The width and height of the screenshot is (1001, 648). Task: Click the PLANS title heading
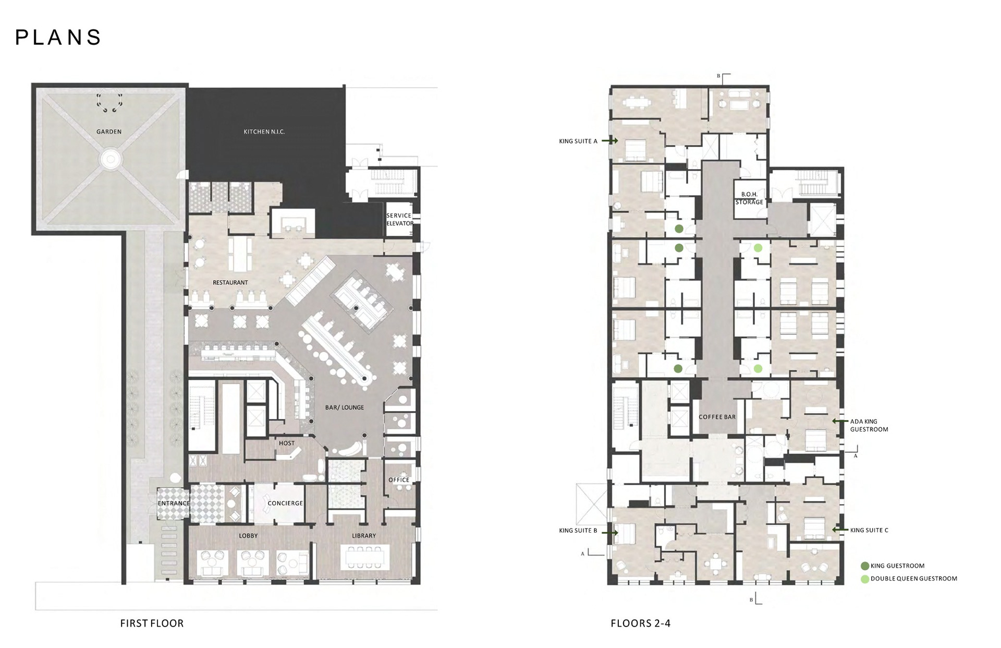click(x=58, y=38)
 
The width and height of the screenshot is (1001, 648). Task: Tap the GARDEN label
click(x=109, y=131)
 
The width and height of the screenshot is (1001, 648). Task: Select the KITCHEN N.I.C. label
click(x=264, y=131)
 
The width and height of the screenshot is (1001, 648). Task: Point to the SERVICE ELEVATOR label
click(x=400, y=219)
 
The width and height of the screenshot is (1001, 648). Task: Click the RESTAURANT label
click(x=230, y=282)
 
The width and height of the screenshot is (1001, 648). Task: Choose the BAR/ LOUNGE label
click(x=345, y=407)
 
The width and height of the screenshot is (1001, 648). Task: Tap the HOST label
click(x=287, y=443)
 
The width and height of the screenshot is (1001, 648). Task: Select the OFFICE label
click(x=399, y=479)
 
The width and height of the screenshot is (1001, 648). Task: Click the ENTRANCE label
click(x=174, y=503)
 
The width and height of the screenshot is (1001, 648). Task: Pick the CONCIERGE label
click(x=285, y=503)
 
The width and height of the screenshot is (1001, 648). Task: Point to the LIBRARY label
click(x=364, y=535)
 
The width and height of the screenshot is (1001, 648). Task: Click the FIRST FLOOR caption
click(x=152, y=623)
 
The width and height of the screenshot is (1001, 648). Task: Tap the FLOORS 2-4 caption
click(x=641, y=623)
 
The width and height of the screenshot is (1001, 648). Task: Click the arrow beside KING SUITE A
click(x=609, y=141)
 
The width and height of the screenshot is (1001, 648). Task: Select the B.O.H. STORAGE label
click(x=749, y=198)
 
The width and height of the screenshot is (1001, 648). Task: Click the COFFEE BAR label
click(x=717, y=417)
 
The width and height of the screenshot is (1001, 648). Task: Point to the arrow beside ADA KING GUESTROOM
click(x=840, y=421)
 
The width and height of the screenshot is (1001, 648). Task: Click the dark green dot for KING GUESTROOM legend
click(x=865, y=566)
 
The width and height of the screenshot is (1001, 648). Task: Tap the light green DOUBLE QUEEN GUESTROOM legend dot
click(x=865, y=579)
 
